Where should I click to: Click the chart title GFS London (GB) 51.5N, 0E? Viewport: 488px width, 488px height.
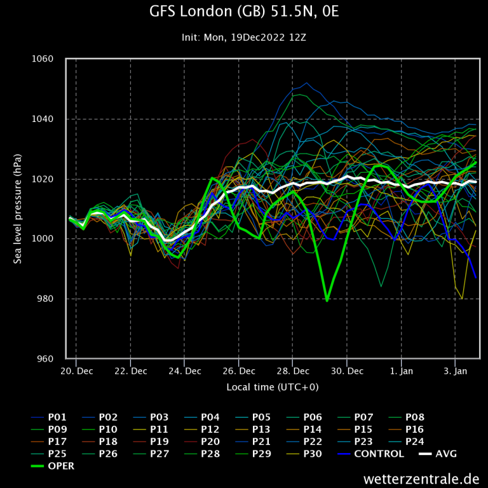tap(244, 12)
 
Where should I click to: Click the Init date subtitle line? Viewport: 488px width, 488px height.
tap(244, 37)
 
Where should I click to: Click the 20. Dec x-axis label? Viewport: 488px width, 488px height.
tap(76, 370)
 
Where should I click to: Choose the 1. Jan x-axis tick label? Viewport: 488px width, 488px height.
tap(401, 370)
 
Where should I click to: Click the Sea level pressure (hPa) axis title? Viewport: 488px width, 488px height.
tap(18, 208)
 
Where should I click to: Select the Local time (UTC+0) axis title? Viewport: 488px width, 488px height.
tap(272, 386)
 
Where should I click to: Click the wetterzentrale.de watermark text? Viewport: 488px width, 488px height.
tap(421, 478)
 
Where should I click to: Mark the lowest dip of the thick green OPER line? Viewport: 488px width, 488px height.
tap(327, 301)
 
